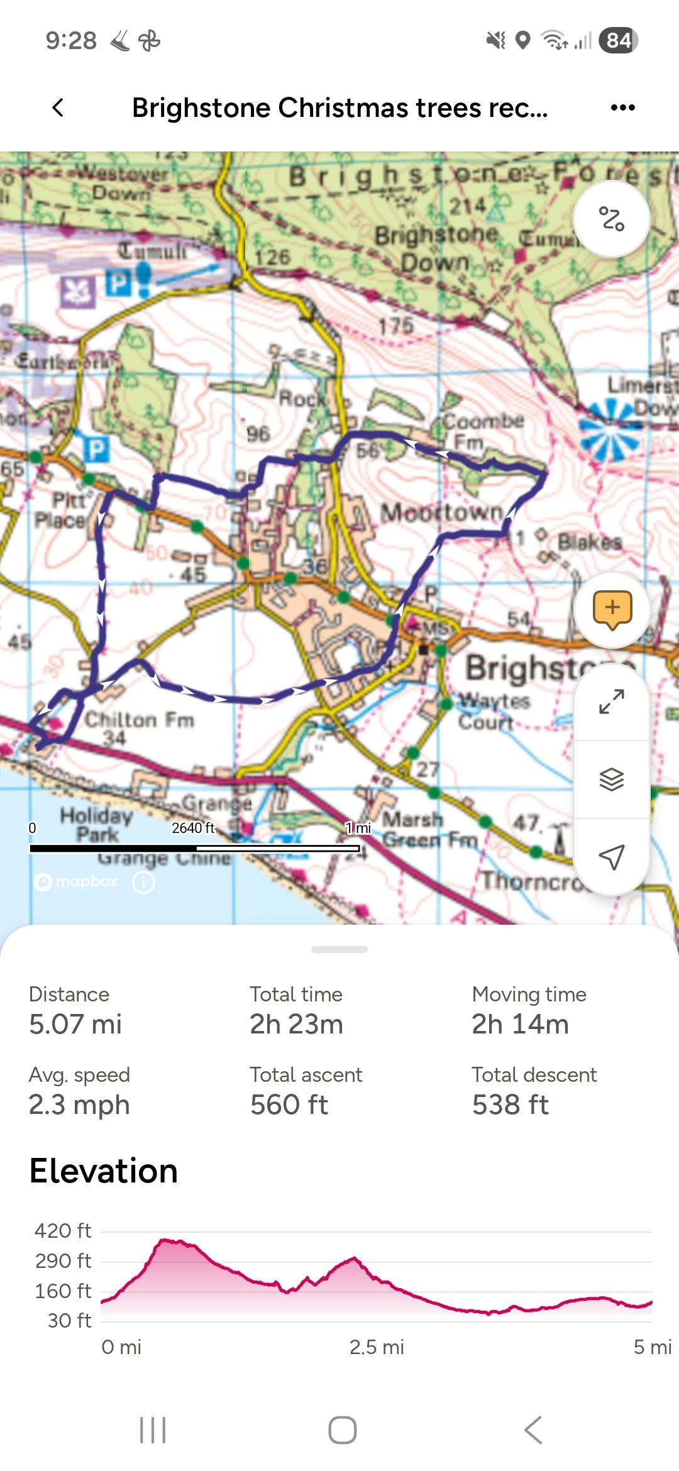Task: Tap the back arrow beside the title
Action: point(58,107)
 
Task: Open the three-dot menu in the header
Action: point(622,107)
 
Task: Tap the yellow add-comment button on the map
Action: point(612,609)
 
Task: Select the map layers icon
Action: point(612,780)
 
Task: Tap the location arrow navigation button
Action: point(612,856)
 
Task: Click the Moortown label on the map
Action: point(442,512)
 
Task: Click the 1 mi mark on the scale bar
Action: point(358,829)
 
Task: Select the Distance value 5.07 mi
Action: point(75,1024)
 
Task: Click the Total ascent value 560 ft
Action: point(289,1105)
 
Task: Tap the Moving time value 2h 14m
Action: point(520,1024)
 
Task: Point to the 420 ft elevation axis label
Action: point(63,1230)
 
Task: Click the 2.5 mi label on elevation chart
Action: point(377,1347)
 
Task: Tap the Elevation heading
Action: point(104,1171)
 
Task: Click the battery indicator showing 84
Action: point(619,41)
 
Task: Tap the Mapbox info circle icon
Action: point(143,882)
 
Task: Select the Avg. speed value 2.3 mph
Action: point(79,1105)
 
